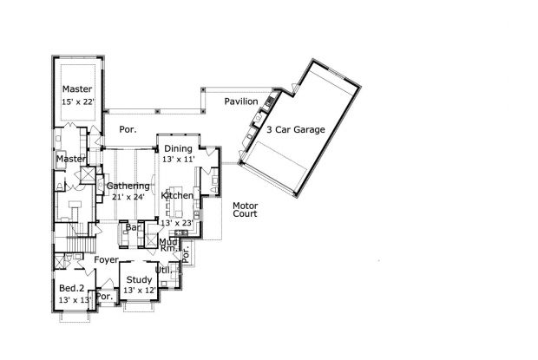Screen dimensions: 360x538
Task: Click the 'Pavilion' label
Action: pyautogui.click(x=240, y=102)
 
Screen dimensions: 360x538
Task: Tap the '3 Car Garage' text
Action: pyautogui.click(x=296, y=130)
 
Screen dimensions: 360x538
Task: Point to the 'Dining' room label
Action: pyautogui.click(x=178, y=149)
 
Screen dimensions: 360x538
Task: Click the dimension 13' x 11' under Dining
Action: pyautogui.click(x=179, y=160)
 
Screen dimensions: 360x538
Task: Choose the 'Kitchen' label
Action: pyautogui.click(x=178, y=196)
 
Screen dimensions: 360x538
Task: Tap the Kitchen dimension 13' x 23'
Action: pyautogui.click(x=177, y=223)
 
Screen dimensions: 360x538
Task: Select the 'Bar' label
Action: pyautogui.click(x=134, y=228)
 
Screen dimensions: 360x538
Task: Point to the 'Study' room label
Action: pyautogui.click(x=139, y=279)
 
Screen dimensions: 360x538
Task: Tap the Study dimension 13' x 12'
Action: pyautogui.click(x=139, y=290)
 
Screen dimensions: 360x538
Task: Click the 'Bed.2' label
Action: pyautogui.click(x=72, y=288)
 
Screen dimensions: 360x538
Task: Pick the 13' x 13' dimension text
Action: pyautogui.click(x=75, y=299)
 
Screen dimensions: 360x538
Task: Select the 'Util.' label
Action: pyautogui.click(x=163, y=270)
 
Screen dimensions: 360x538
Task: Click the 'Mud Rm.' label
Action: pyautogui.click(x=169, y=244)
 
